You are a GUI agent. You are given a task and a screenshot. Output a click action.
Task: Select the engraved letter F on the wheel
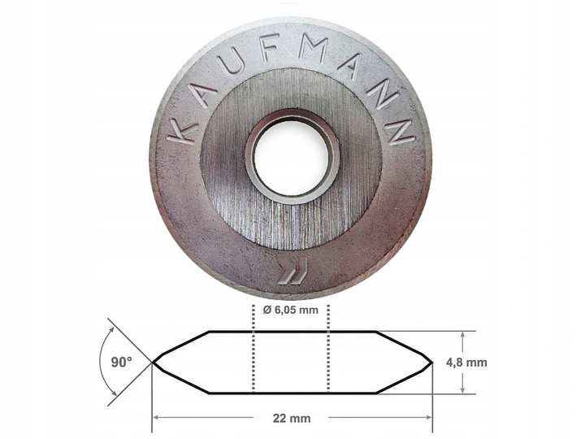tap(269, 47)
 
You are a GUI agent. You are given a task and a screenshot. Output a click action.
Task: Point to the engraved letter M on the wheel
tap(314, 47)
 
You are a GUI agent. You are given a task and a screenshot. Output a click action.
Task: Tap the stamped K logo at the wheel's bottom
tap(293, 271)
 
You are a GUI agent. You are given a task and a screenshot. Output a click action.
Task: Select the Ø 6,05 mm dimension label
tap(290, 310)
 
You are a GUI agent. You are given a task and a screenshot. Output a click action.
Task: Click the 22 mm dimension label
tap(292, 418)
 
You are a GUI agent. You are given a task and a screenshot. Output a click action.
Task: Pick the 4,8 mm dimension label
tap(466, 362)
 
